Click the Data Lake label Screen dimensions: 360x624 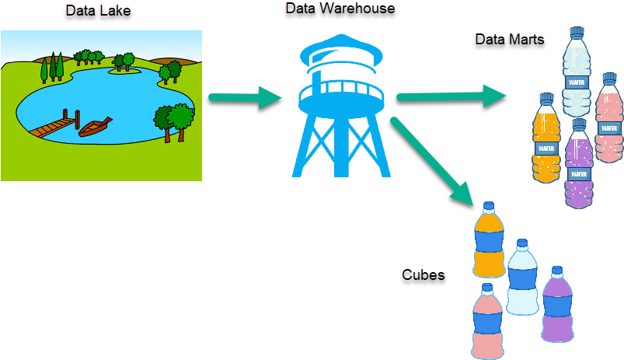(x=99, y=11)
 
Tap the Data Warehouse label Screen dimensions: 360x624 (x=341, y=9)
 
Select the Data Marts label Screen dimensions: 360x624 (x=510, y=39)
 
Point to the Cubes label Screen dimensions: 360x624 (x=423, y=275)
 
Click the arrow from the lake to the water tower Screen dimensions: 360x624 (x=246, y=98)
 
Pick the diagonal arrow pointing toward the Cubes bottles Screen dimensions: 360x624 (x=432, y=160)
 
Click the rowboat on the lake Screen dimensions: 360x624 (x=95, y=127)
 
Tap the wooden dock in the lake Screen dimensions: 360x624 (x=58, y=125)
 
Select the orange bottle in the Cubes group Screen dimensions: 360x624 (x=489, y=240)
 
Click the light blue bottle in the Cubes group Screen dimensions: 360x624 (x=522, y=278)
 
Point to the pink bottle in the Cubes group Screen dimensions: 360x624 (x=487, y=322)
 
